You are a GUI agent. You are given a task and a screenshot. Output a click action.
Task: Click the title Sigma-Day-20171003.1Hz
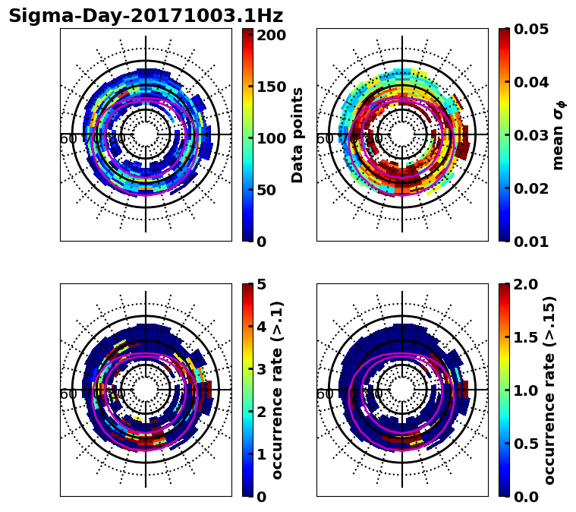(x=146, y=16)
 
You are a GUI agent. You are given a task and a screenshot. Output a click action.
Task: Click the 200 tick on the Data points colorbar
(x=271, y=35)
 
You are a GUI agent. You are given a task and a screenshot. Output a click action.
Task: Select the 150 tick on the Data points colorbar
(x=271, y=87)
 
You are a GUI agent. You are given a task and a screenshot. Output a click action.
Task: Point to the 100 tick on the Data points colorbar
(x=271, y=138)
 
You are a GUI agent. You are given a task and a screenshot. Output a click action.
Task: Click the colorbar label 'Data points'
(x=297, y=135)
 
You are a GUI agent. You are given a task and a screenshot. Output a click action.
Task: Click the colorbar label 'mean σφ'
(x=559, y=135)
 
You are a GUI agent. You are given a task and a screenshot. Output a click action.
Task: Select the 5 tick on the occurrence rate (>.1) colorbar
(x=261, y=284)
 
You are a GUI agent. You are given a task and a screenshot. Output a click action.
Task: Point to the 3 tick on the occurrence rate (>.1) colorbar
(x=261, y=369)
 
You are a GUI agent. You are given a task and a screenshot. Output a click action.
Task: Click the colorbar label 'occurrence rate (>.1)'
(x=278, y=390)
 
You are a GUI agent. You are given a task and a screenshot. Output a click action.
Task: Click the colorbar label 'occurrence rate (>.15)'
(x=550, y=390)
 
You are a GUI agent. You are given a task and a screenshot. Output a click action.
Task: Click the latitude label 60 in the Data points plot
(x=68, y=139)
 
